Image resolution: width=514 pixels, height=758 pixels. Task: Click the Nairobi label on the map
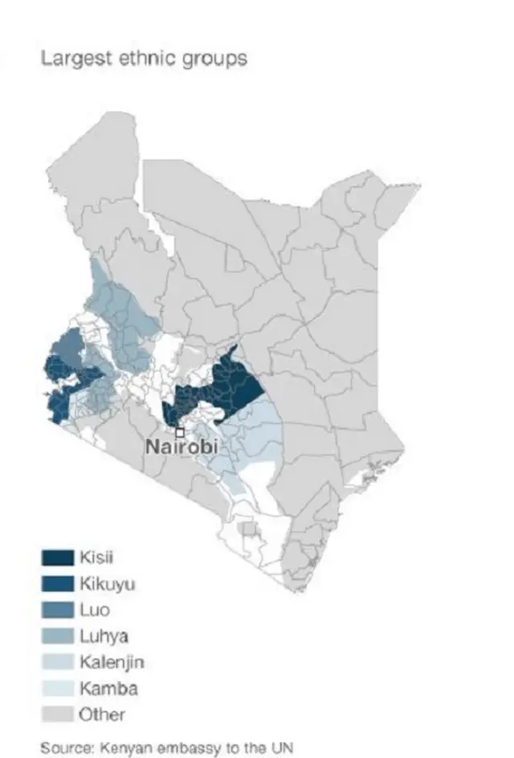(x=182, y=446)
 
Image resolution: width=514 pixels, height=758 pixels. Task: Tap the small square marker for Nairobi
(x=178, y=432)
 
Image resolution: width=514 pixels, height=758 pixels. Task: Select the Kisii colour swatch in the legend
(x=56, y=557)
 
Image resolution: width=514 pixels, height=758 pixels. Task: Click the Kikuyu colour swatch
(x=56, y=584)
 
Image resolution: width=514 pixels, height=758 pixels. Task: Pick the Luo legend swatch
(x=56, y=609)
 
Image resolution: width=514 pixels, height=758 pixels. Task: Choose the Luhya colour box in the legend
(x=56, y=636)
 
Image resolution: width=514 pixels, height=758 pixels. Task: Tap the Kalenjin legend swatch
(x=56, y=662)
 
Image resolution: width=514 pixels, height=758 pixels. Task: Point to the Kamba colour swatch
(x=56, y=688)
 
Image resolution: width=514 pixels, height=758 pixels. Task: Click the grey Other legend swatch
(x=56, y=714)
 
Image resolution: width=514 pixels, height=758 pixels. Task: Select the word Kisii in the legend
(x=95, y=557)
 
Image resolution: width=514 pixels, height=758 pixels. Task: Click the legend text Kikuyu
(x=107, y=584)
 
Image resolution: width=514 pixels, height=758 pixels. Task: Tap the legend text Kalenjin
(x=111, y=662)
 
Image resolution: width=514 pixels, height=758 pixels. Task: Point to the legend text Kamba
(x=108, y=688)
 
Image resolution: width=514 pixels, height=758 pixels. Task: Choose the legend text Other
(x=101, y=714)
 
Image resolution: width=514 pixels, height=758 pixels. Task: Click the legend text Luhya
(x=104, y=636)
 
